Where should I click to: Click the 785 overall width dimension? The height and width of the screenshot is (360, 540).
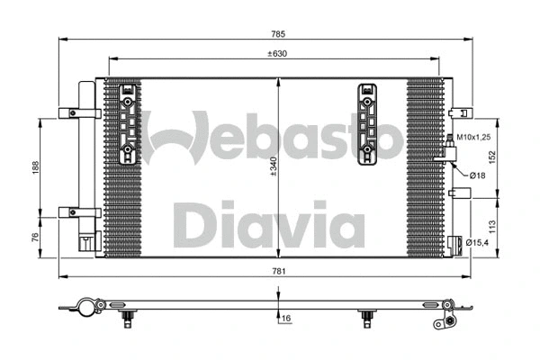(x=278, y=34)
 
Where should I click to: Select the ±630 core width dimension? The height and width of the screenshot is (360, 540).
(x=278, y=53)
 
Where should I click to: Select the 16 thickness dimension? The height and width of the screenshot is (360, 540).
(x=286, y=319)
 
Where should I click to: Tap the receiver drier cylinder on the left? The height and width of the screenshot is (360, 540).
(x=85, y=162)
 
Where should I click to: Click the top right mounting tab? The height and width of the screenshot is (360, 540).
(x=459, y=113)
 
